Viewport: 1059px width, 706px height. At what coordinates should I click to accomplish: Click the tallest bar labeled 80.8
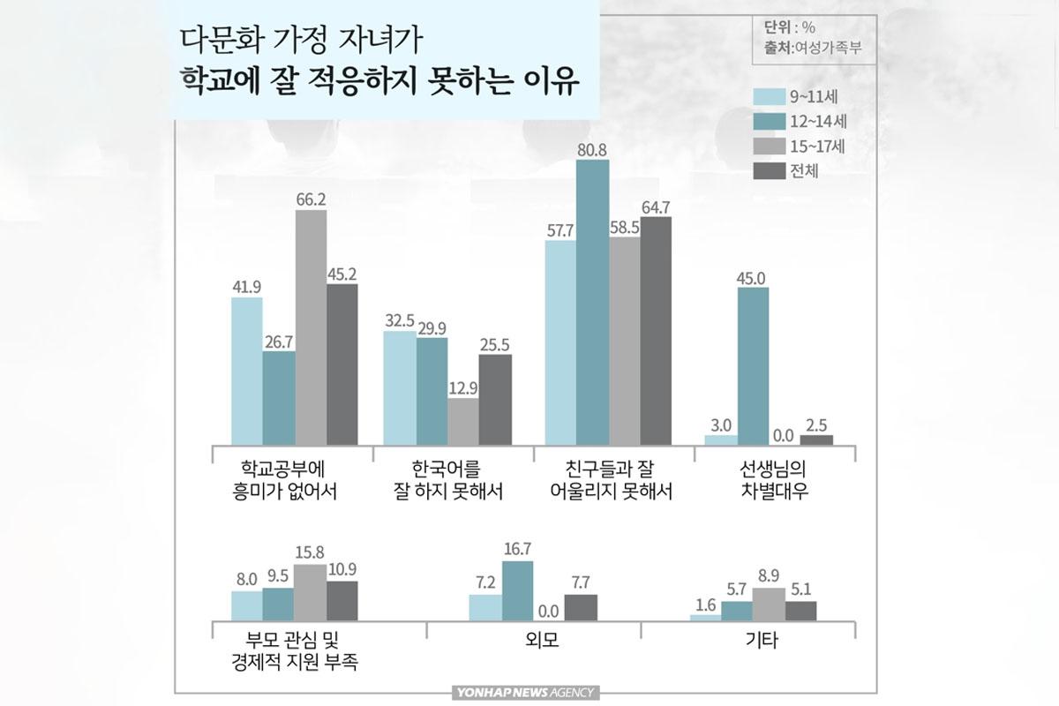click(x=592, y=304)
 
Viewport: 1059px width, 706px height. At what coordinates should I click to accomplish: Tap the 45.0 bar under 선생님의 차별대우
click(x=753, y=366)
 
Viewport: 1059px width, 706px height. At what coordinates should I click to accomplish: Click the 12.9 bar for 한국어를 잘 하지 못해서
click(x=463, y=422)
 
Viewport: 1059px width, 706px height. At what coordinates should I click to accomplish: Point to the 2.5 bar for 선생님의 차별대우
click(x=816, y=439)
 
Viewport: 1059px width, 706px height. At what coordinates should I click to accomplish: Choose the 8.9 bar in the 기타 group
click(x=769, y=605)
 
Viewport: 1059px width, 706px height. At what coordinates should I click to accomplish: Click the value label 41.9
click(x=246, y=288)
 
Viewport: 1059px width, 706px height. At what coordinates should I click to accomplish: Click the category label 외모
click(x=534, y=642)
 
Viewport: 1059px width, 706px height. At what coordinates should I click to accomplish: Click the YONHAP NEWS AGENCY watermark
click(x=524, y=693)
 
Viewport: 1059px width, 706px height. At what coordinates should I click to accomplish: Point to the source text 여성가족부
click(x=826, y=49)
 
